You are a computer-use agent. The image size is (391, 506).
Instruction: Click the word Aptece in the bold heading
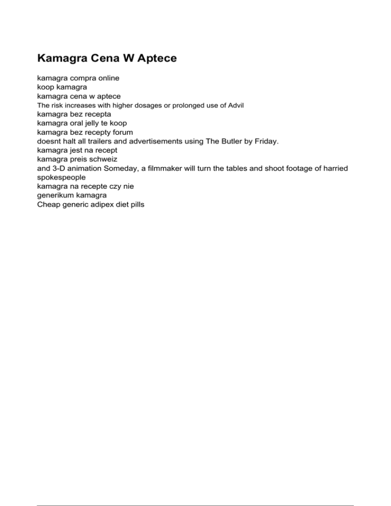pyautogui.click(x=155, y=59)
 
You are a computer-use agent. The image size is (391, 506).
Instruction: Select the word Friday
pyautogui.click(x=265, y=141)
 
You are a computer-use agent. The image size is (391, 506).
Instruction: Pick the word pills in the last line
pyautogui.click(x=135, y=204)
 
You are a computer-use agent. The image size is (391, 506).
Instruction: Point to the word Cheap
pyautogui.click(x=48, y=204)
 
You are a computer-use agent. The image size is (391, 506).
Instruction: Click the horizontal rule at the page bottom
pyautogui.click(x=195, y=492)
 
